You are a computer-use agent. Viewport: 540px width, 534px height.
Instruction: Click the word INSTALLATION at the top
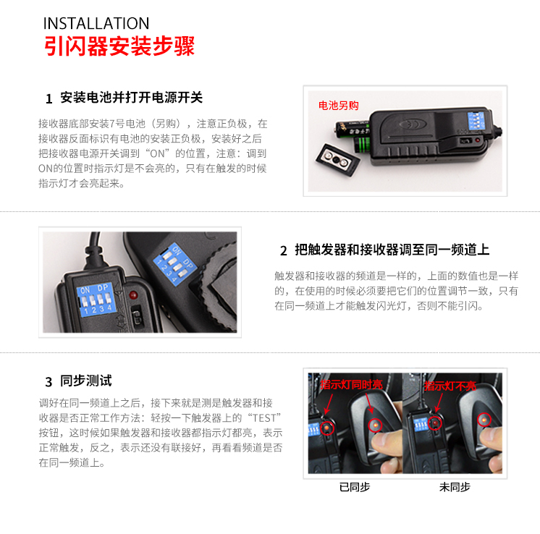pyautogui.click(x=96, y=23)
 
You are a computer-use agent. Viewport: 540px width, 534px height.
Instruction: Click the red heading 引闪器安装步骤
pyautogui.click(x=119, y=46)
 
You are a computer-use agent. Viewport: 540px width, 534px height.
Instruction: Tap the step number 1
pyautogui.click(x=49, y=99)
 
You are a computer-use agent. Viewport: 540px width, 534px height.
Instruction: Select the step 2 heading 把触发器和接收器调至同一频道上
pyautogui.click(x=392, y=250)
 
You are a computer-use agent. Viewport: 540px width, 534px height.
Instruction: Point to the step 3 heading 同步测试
pyautogui.click(x=86, y=381)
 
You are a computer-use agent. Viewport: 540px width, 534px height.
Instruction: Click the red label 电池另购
pyautogui.click(x=338, y=106)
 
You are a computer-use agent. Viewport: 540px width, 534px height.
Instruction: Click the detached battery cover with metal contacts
pyautogui.click(x=338, y=159)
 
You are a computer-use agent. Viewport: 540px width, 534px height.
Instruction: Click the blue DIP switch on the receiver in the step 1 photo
pyautogui.click(x=476, y=121)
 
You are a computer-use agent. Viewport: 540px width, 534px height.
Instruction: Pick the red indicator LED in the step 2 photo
pyautogui.click(x=133, y=295)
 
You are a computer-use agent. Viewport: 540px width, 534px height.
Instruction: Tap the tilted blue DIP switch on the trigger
pyautogui.click(x=175, y=264)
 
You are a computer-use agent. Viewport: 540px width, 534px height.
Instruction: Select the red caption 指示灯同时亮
pyautogui.click(x=351, y=384)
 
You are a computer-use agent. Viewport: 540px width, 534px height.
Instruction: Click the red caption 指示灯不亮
pyautogui.click(x=450, y=386)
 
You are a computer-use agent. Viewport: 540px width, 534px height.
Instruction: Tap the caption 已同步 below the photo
pyautogui.click(x=355, y=487)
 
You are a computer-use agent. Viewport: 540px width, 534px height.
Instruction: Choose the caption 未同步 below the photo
pyautogui.click(x=455, y=487)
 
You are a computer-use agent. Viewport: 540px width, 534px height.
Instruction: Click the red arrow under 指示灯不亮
pyautogui.click(x=439, y=402)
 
